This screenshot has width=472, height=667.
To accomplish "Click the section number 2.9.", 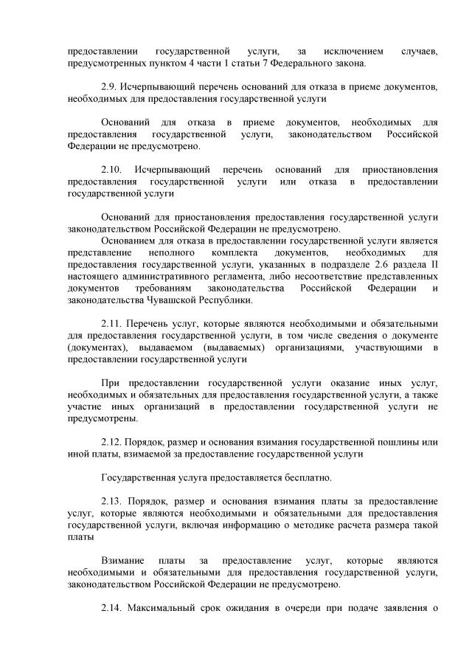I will (110, 87).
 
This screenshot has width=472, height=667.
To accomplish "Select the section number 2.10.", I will (113, 169).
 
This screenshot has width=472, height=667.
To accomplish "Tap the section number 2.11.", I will (113, 323).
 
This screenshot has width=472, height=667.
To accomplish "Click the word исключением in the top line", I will (353, 52).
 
